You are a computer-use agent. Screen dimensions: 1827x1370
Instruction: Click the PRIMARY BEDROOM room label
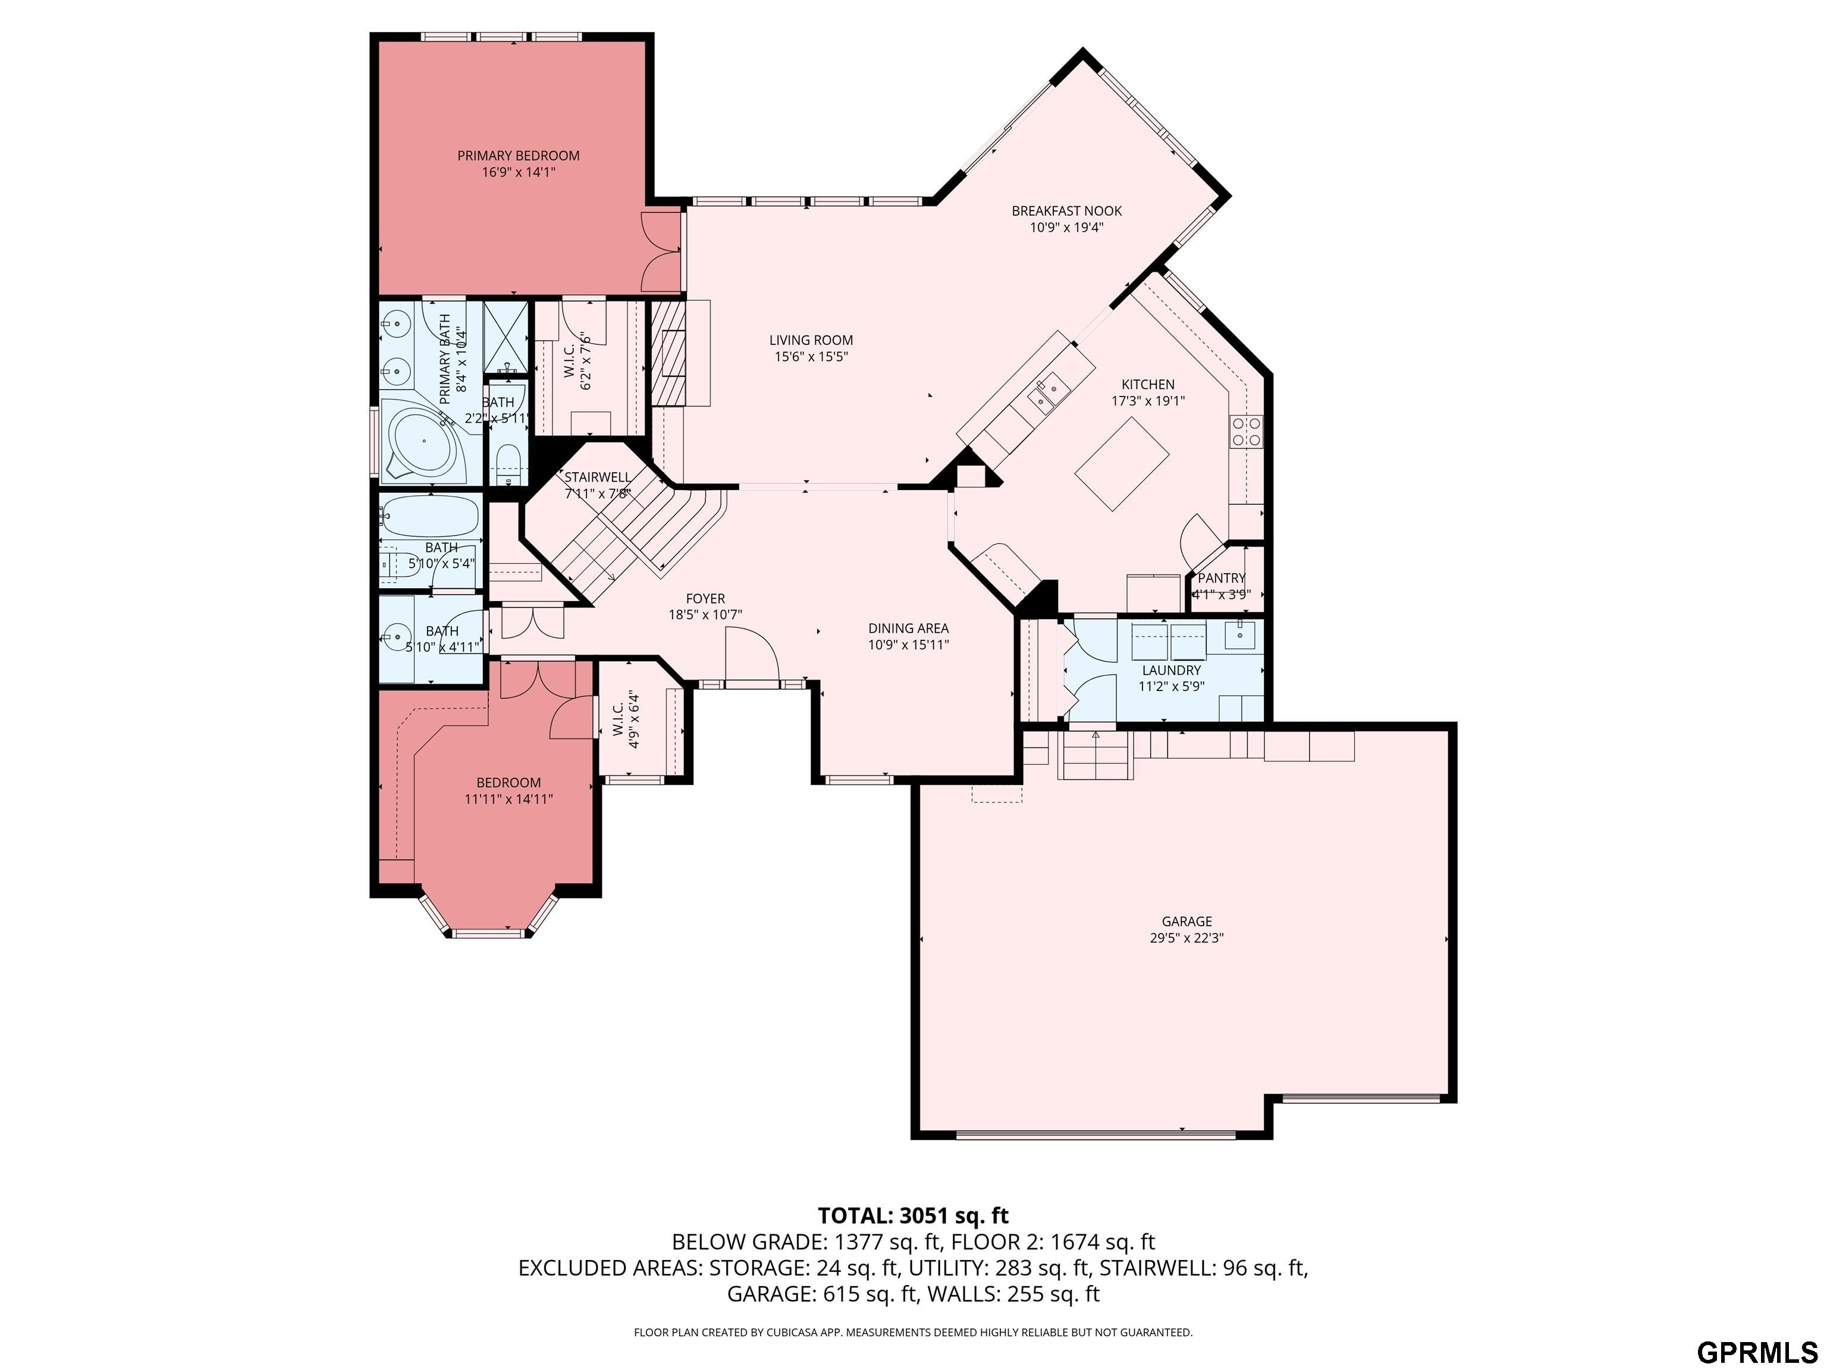[x=518, y=155]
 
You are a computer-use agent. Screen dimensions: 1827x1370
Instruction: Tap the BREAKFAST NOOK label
[x=1066, y=210]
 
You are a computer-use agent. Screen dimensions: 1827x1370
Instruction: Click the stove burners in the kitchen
[x=1247, y=431]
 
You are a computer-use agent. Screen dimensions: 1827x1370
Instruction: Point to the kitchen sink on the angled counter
[x=1047, y=391]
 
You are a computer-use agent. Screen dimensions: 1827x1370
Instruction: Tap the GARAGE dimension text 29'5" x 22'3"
[x=1186, y=938]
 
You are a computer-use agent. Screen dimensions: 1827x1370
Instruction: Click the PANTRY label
[x=1221, y=578]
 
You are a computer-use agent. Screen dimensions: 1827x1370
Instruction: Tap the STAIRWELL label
[x=597, y=477]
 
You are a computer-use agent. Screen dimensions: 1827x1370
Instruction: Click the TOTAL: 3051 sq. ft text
[x=913, y=1215]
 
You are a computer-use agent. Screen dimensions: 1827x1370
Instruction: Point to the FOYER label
[x=705, y=599]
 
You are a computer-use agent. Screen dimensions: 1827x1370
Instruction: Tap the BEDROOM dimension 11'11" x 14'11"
[x=508, y=799]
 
